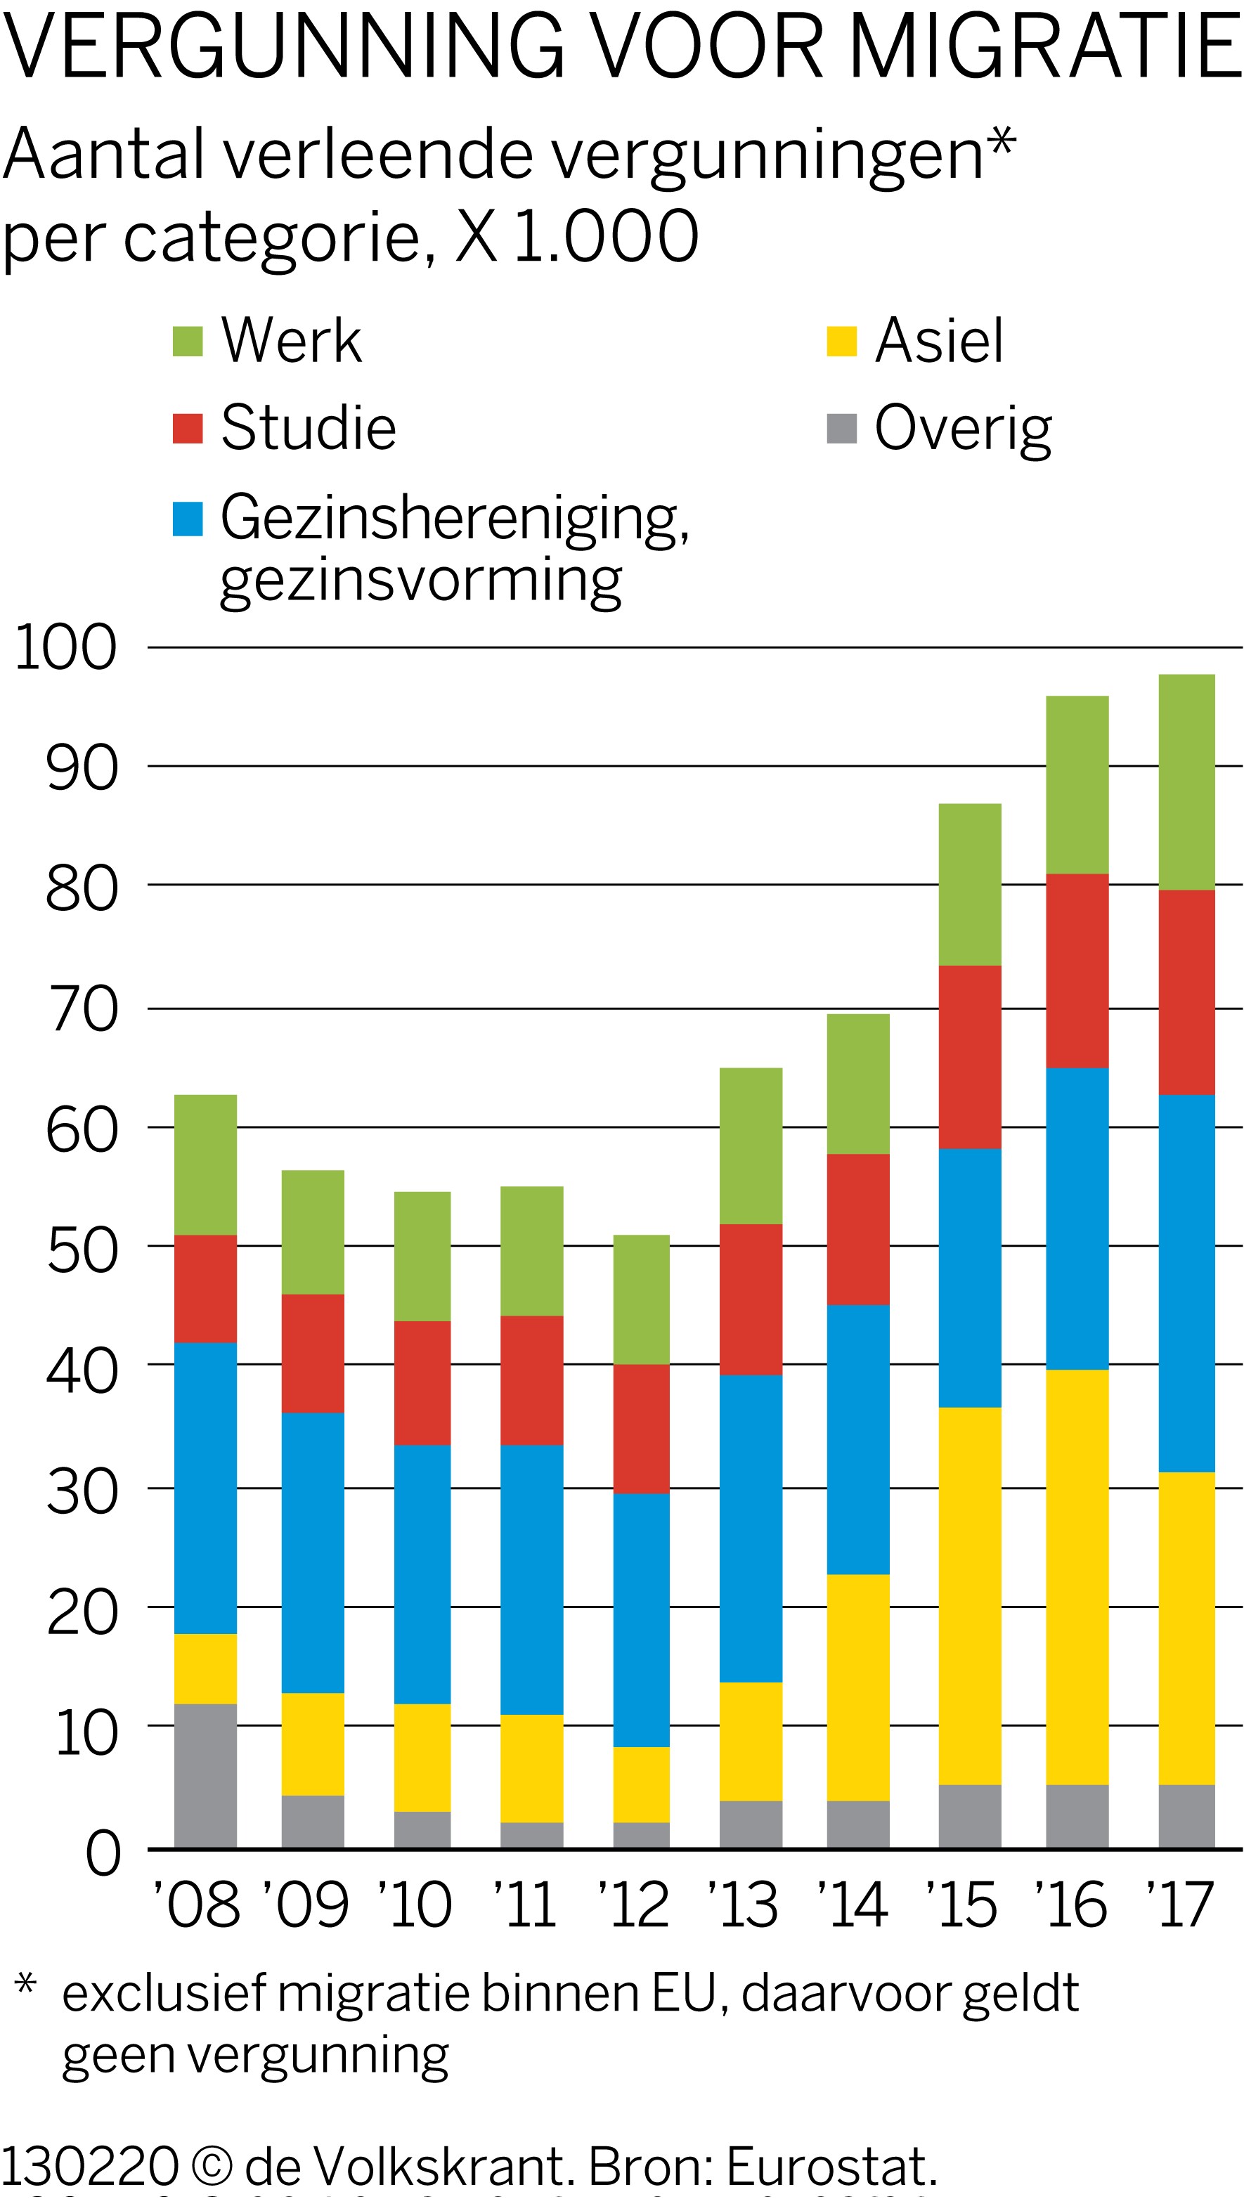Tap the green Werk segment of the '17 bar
(1186, 781)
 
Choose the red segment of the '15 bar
(969, 1057)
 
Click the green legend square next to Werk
(187, 341)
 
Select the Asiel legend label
(939, 341)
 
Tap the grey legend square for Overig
(841, 429)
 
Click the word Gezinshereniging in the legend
(453, 518)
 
